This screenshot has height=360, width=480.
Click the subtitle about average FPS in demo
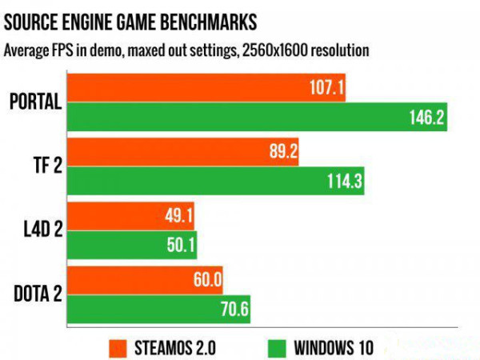[186, 50]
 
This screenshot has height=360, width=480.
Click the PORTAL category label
[36, 102]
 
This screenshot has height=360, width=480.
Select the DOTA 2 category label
[36, 295]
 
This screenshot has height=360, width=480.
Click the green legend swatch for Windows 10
[276, 347]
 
